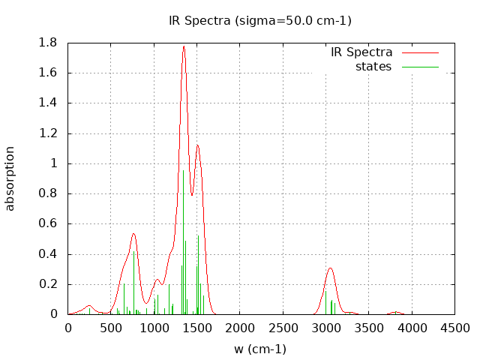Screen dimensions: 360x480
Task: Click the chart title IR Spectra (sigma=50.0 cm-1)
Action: tap(259, 21)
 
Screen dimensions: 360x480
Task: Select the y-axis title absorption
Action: tap(10, 178)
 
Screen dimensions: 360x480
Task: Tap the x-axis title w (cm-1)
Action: tap(260, 349)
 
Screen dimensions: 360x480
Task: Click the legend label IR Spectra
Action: tap(361, 52)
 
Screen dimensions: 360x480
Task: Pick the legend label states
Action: tap(373, 67)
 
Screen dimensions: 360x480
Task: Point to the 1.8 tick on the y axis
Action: tap(48, 43)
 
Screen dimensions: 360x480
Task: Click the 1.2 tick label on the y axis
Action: tap(48, 133)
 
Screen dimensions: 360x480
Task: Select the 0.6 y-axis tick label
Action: tap(48, 223)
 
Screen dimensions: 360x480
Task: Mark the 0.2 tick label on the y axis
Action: tap(48, 284)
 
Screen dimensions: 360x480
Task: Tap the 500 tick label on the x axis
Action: tap(111, 328)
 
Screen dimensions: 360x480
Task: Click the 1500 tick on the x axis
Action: tap(197, 328)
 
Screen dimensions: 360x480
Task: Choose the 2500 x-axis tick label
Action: tap(283, 328)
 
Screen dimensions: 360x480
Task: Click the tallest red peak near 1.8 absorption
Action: tap(183, 46)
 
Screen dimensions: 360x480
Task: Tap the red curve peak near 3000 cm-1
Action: tap(330, 268)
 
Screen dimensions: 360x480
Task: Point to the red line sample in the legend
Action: tap(419, 52)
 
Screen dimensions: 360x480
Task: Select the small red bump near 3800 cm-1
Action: tap(395, 312)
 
